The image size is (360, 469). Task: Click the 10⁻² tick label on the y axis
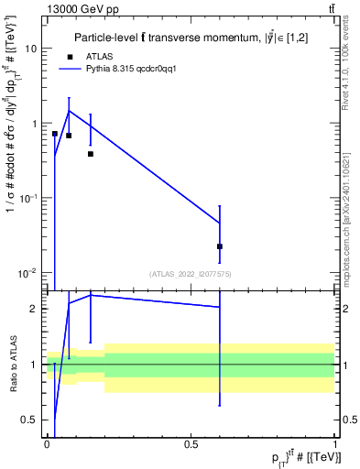(29, 272)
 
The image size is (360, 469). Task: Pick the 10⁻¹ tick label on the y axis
(29, 198)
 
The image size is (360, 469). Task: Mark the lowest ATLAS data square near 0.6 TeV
(220, 246)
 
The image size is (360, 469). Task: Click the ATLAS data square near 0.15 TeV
(90, 154)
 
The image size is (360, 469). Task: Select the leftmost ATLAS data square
(55, 134)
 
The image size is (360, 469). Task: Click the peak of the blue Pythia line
(69, 111)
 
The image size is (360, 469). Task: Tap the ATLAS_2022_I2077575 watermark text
(191, 274)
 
